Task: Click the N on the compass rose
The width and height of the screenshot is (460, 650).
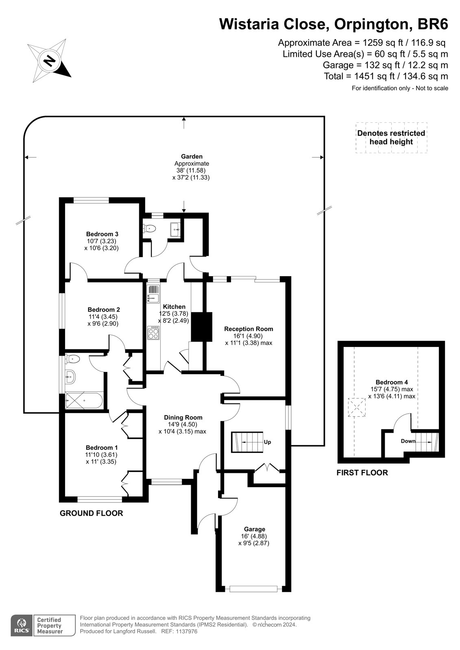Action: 50,61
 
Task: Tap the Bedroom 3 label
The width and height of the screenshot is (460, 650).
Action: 102,234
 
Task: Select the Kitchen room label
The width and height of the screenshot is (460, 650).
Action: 174,307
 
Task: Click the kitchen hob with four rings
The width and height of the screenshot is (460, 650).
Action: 153,333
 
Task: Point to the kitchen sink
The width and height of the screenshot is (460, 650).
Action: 153,294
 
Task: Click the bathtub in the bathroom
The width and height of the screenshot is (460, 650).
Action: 84,401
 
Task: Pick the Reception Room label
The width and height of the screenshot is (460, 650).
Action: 249,329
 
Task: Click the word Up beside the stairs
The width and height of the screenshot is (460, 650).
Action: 267,442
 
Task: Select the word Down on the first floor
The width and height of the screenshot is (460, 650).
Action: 408,441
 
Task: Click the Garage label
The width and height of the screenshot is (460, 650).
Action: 255,529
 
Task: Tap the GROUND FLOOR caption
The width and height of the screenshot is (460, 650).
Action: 91,513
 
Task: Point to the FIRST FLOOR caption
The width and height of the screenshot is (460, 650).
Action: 362,473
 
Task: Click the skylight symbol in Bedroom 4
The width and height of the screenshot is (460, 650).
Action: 357,407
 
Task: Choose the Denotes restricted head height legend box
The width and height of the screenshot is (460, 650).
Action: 391,138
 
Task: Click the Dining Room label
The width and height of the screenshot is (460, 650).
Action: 183,417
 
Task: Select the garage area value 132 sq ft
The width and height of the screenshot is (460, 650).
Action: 378,65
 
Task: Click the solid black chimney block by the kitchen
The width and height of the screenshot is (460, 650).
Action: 202,327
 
